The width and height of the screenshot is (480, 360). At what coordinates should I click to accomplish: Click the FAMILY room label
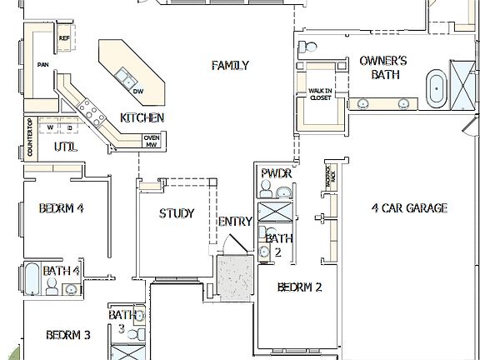(x=230, y=66)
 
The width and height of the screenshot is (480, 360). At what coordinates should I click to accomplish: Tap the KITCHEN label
(x=142, y=117)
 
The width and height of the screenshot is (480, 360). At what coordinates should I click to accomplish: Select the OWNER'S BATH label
(x=382, y=67)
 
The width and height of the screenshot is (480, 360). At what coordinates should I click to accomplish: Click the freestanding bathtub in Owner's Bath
(x=436, y=88)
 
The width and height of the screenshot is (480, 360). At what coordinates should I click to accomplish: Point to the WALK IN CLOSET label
(x=320, y=94)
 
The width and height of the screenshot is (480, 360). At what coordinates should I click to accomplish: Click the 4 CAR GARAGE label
(x=409, y=208)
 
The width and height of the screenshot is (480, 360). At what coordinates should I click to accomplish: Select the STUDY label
(x=177, y=213)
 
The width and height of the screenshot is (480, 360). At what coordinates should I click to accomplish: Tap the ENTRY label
(x=234, y=222)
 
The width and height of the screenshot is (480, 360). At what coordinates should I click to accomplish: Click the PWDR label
(x=275, y=173)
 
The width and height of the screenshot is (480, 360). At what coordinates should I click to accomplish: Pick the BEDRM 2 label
(x=300, y=287)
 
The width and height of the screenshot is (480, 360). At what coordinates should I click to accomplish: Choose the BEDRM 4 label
(x=61, y=207)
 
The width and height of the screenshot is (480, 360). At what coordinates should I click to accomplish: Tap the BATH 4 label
(x=62, y=271)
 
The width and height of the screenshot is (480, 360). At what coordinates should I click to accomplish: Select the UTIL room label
(x=65, y=147)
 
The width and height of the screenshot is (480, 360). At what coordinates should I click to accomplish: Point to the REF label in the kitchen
(x=64, y=38)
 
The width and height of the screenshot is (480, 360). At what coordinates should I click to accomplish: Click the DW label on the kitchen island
(x=138, y=91)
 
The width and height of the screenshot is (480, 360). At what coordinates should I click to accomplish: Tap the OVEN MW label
(x=151, y=141)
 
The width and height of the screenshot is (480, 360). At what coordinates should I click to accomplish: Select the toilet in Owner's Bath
(x=306, y=46)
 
